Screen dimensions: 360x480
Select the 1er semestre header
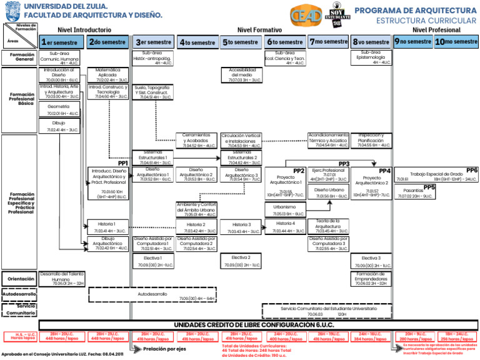(61, 42)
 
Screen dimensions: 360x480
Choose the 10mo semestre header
(456, 42)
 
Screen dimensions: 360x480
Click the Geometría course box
(62, 110)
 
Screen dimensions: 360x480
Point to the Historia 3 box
(241, 227)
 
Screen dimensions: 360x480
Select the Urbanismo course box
(285, 210)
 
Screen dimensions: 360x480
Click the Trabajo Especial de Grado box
(436, 176)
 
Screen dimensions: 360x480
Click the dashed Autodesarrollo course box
(152, 295)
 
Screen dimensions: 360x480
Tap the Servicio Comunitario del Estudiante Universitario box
(329, 311)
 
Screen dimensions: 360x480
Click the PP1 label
(122, 162)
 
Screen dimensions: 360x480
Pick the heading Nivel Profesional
(436, 29)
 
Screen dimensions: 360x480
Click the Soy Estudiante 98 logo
(338, 15)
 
